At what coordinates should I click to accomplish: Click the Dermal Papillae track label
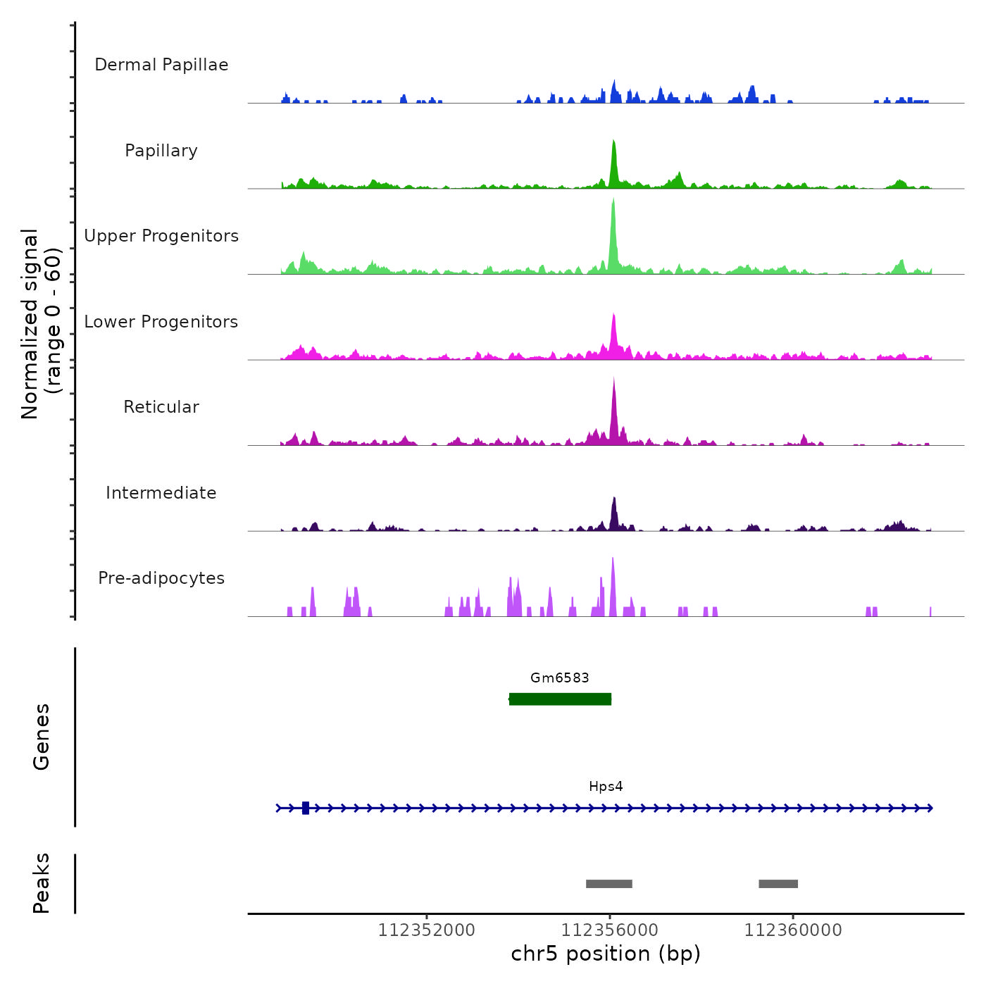tap(161, 65)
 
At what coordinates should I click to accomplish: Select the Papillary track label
tap(161, 151)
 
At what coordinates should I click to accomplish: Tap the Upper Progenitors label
tap(161, 236)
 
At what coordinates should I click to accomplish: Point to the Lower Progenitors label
tap(161, 322)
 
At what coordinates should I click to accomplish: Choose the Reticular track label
tap(161, 407)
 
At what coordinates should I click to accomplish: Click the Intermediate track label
tap(161, 493)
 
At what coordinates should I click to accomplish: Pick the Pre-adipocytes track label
tap(161, 578)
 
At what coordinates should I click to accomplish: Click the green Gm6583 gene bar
tap(560, 699)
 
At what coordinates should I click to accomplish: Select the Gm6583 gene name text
tap(560, 678)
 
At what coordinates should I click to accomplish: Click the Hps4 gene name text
tap(606, 787)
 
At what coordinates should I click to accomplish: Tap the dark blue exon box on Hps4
tap(306, 808)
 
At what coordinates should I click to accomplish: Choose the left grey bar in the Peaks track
tap(609, 884)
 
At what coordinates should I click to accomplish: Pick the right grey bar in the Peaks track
tap(778, 884)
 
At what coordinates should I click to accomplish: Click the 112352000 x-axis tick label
tap(427, 930)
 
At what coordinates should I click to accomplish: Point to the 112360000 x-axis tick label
tap(793, 930)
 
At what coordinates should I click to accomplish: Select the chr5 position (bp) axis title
tap(606, 954)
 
